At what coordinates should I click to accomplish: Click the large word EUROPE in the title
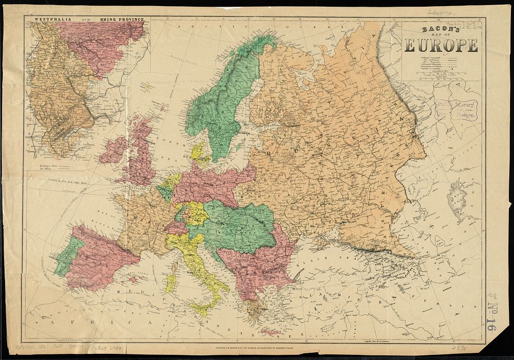pyautogui.click(x=441, y=46)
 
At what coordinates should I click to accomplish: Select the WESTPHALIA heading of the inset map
pyautogui.click(x=50, y=19)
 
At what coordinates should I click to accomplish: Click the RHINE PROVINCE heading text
pyautogui.click(x=123, y=19)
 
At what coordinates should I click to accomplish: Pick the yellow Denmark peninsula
pyautogui.click(x=198, y=151)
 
